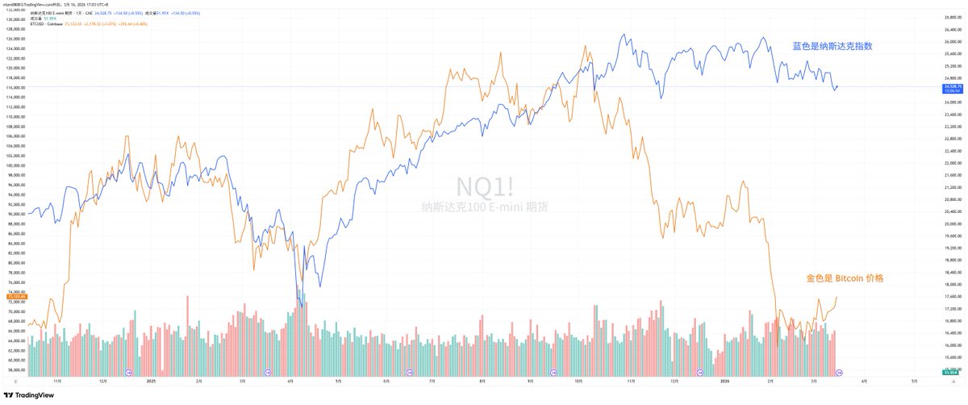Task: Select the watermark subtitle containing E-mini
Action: pos(484,207)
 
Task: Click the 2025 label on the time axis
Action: pos(151,382)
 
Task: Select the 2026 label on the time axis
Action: pos(724,382)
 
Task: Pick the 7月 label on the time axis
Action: pos(432,382)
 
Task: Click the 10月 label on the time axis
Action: pos(578,382)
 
